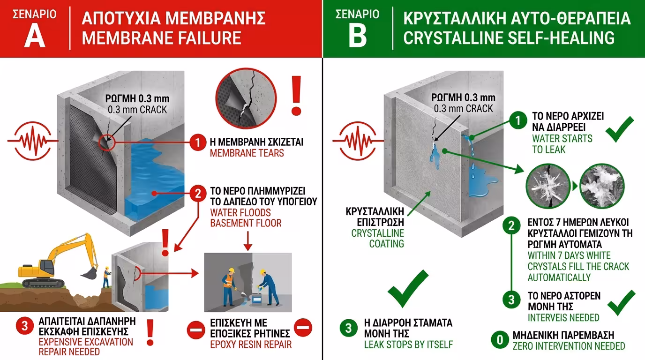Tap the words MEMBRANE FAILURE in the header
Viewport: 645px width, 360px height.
(x=161, y=37)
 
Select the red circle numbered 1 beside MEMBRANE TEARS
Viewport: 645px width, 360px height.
(x=198, y=142)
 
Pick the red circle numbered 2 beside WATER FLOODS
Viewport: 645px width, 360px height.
(x=198, y=193)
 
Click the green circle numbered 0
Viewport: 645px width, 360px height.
(x=499, y=339)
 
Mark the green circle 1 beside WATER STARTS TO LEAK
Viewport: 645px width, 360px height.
(x=518, y=121)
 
